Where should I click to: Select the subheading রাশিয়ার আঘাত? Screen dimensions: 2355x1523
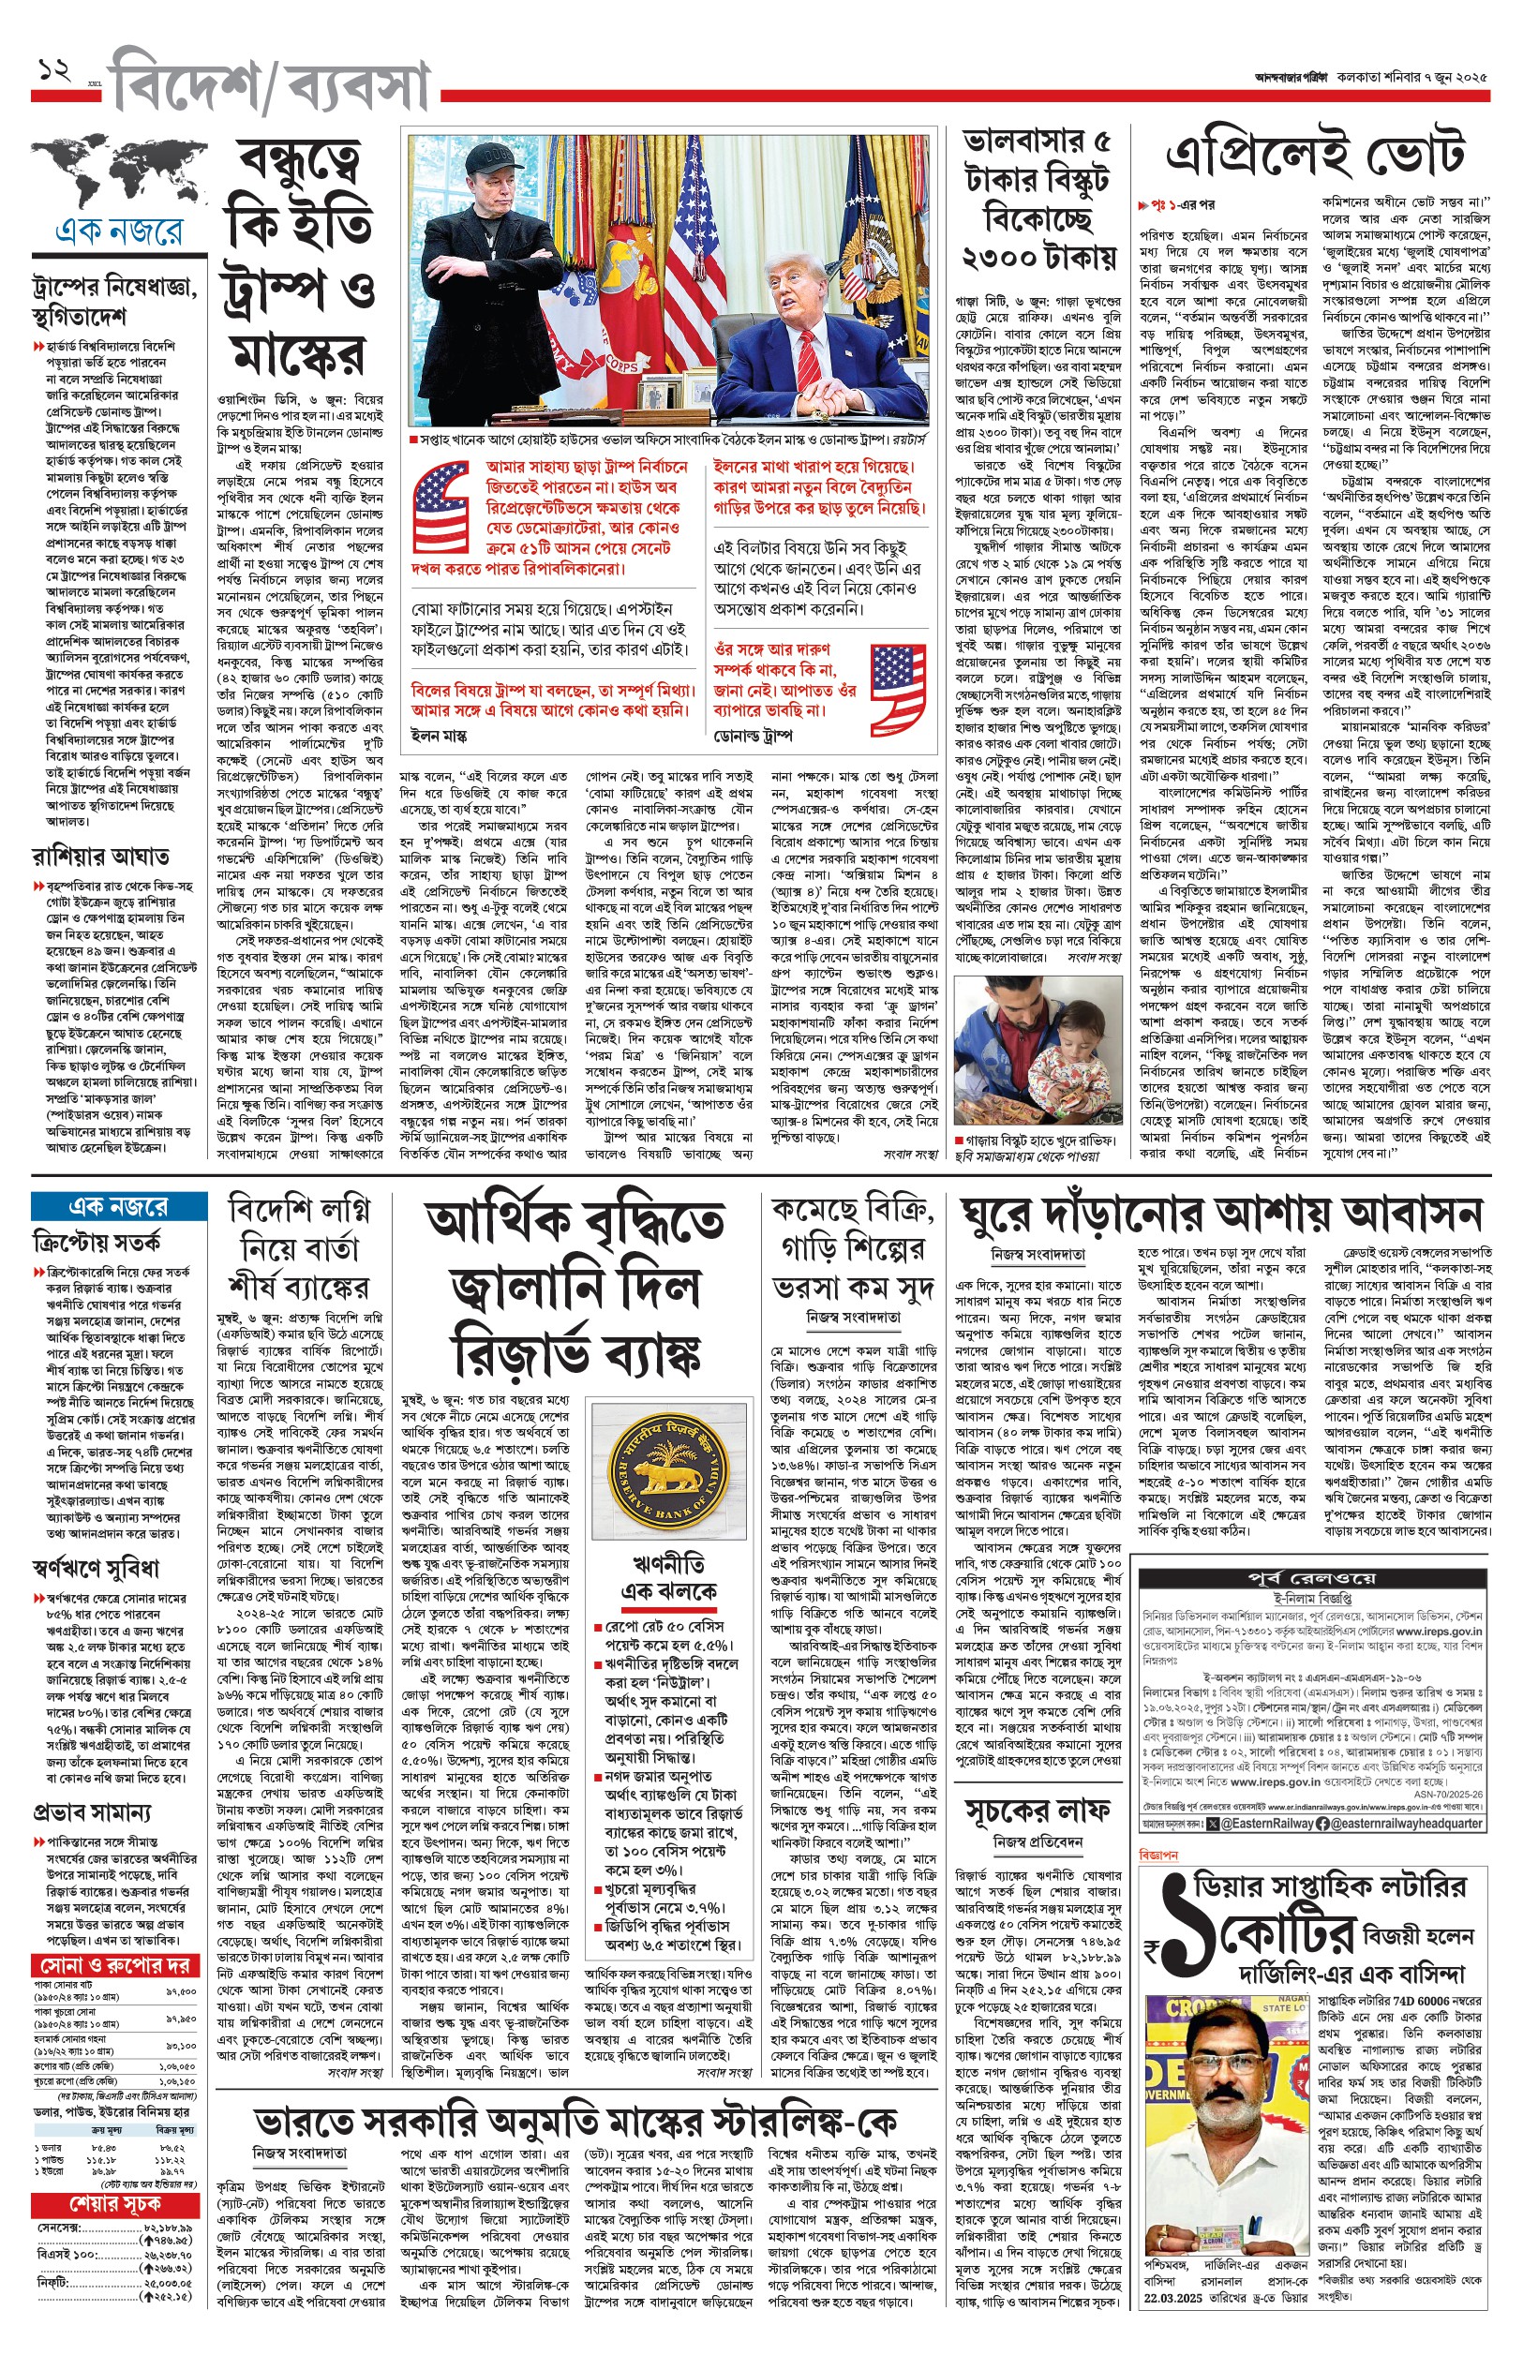click(100, 857)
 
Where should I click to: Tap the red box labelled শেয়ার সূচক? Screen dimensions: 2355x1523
click(114, 2204)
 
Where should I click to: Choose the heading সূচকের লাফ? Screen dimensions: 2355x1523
click(1038, 1811)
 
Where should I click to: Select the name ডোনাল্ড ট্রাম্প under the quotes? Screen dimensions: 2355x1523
click(753, 737)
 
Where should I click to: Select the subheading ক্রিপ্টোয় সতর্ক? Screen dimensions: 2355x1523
click(96, 1243)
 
